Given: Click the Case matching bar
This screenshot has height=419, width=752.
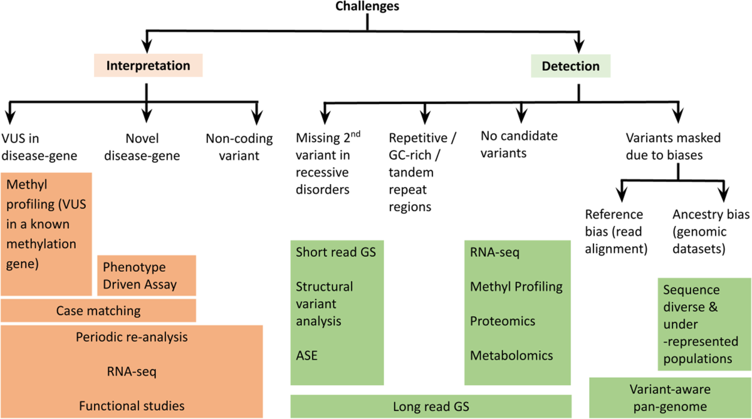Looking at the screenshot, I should (x=98, y=310).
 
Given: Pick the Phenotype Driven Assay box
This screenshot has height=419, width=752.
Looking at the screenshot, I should (x=147, y=276).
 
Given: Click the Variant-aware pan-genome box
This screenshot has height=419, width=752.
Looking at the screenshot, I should (x=670, y=398).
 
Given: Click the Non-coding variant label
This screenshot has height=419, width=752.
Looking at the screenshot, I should (x=232, y=147).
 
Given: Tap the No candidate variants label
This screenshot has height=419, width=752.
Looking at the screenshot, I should (x=519, y=144).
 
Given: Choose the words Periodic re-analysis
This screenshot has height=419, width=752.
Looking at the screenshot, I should (x=132, y=337).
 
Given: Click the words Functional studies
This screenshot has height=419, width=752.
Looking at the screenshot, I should (x=132, y=406).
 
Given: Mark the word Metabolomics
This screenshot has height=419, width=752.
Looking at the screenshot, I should (x=511, y=355).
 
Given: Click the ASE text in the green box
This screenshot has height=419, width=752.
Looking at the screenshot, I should (x=306, y=355).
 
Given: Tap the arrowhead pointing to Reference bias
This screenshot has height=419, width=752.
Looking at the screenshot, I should (x=620, y=194).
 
